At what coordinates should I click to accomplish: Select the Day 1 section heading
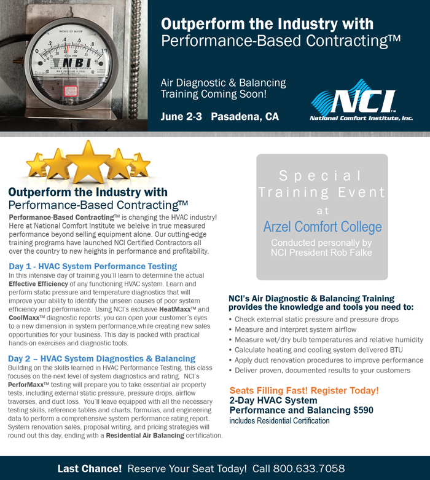point(93,266)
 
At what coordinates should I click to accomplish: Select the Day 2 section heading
point(102,358)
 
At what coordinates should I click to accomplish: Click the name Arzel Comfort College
point(322,227)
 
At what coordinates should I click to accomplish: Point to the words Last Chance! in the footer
point(90,468)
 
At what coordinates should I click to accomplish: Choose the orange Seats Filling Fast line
point(303,390)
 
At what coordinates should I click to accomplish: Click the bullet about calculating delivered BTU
point(313,350)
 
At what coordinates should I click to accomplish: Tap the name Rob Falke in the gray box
point(345,253)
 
